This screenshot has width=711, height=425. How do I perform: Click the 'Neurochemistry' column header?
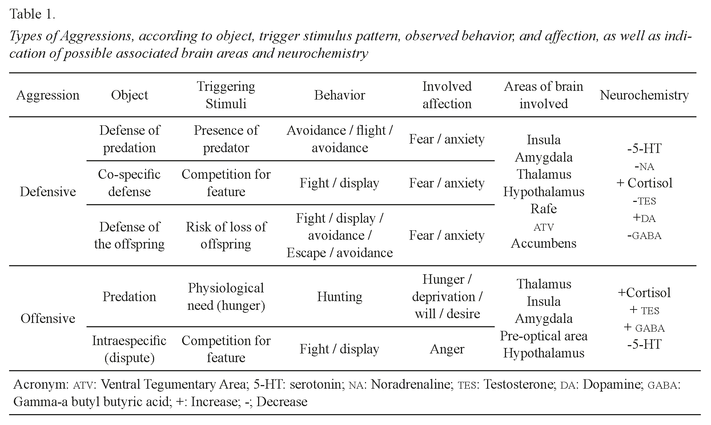tap(644, 95)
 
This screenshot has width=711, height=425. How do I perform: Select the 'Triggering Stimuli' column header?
tap(226, 95)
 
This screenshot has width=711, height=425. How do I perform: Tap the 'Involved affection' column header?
tap(447, 95)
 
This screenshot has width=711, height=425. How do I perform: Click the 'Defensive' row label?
tap(48, 191)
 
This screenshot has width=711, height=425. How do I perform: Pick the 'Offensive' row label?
tap(48, 318)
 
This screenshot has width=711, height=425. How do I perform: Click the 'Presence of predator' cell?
tap(226, 139)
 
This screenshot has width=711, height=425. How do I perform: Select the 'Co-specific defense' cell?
tap(129, 183)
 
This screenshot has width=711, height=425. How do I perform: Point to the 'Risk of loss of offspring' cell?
tap(226, 235)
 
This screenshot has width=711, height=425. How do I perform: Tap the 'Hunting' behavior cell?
tap(340, 296)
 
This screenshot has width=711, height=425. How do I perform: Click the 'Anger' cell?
tap(447, 349)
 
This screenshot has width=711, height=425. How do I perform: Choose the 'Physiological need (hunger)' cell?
tap(226, 296)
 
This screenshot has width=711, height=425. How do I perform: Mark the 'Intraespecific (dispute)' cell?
tap(129, 349)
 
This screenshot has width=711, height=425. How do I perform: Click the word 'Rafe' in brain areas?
tap(543, 209)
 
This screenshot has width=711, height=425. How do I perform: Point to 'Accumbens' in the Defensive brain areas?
tap(543, 243)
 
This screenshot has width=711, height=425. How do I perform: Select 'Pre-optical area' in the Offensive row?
tap(543, 336)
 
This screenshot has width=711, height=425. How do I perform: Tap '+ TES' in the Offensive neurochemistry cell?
tap(644, 310)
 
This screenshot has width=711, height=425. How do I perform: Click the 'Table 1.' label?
tap(32, 14)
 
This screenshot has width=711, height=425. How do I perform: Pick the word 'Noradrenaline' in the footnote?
tap(410, 384)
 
